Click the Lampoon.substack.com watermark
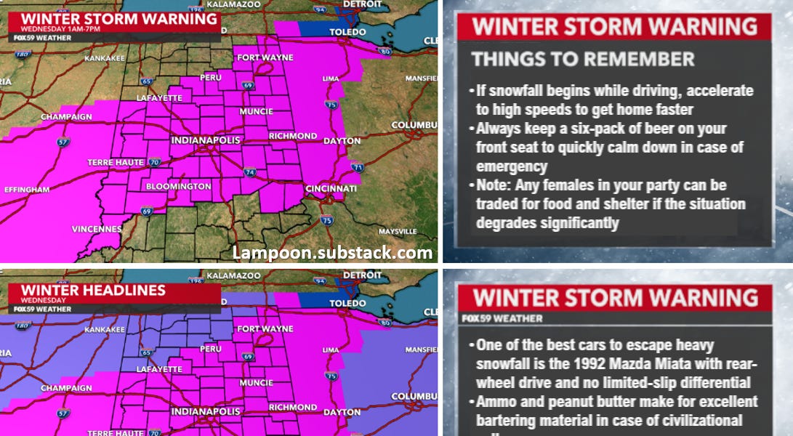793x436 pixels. (332, 252)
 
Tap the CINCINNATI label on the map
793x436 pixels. (331, 189)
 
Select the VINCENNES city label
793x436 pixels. (96, 229)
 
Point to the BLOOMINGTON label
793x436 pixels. (178, 187)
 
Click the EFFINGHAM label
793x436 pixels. (27, 190)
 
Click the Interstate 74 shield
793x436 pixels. (249, 173)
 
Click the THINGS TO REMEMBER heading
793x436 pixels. (583, 59)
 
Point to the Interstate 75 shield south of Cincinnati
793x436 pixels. (327, 220)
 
